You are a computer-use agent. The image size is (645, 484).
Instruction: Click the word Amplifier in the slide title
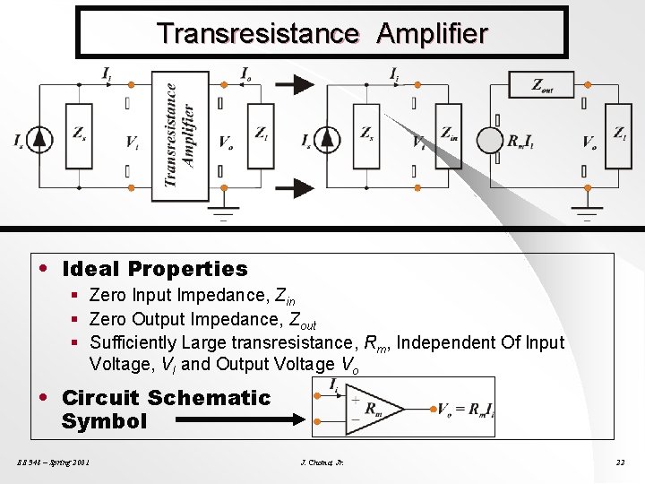(x=432, y=34)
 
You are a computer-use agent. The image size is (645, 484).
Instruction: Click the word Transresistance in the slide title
(x=258, y=34)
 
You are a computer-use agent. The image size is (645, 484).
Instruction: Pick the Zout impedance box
(x=541, y=84)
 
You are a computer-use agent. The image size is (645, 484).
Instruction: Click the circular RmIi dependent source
(x=490, y=141)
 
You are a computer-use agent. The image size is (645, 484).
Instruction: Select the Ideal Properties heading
(x=154, y=269)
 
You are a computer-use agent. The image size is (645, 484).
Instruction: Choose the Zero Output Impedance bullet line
(x=202, y=320)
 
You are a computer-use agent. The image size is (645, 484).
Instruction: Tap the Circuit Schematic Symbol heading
(x=165, y=410)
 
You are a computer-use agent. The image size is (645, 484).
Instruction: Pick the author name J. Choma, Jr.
(x=322, y=462)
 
